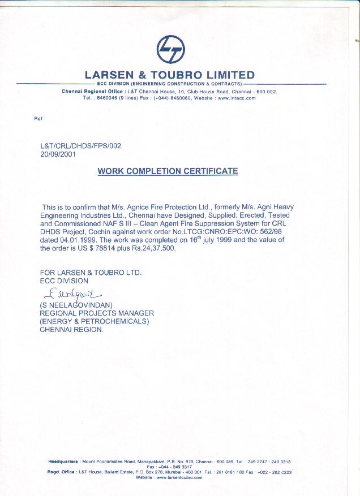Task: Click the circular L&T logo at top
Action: pos(170,49)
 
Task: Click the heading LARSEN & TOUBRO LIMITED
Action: pos(170,75)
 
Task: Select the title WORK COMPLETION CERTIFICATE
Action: pos(168,171)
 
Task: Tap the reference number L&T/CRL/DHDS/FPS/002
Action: pos(80,145)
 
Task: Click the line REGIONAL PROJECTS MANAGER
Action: pos(97,313)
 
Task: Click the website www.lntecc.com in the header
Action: pos(237,98)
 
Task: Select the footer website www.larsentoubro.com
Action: pos(179,477)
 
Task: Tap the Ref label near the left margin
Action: pos(38,118)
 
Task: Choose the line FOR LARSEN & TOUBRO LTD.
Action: pos(90,273)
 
